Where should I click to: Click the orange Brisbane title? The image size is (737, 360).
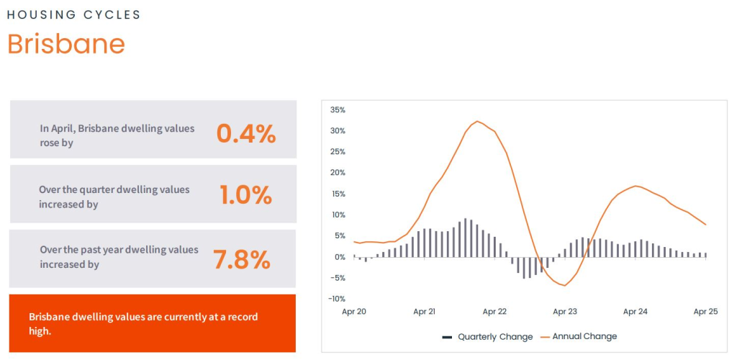[x=66, y=44]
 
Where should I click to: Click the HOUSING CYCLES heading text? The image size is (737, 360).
[x=74, y=14]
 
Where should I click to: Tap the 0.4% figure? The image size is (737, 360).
[x=246, y=134]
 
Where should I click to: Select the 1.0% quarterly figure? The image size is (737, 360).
[x=245, y=195]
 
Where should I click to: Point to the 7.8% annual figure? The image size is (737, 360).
[x=242, y=259]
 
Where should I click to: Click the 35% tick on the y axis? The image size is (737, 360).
[x=338, y=110]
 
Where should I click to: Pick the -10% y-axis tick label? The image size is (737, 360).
[x=336, y=299]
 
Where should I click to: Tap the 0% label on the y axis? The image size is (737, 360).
[x=340, y=257]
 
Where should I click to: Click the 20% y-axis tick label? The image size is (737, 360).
[x=338, y=173]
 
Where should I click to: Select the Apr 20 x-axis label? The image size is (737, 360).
[x=354, y=312]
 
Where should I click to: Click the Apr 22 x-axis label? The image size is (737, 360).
[x=494, y=312]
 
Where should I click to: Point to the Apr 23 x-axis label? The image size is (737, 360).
[x=565, y=312]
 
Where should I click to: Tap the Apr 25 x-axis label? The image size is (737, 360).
[x=705, y=312]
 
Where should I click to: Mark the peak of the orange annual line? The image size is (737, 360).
[x=476, y=121]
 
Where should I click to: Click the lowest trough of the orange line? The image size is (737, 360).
[x=565, y=286]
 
